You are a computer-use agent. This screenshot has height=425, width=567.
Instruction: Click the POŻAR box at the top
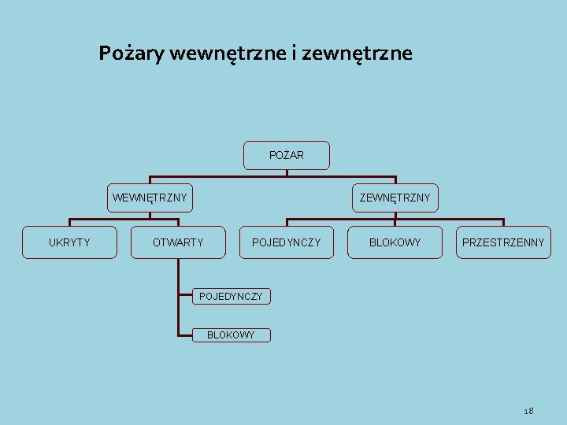(x=286, y=155)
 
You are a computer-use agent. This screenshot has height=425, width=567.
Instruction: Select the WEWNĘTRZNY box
(x=150, y=197)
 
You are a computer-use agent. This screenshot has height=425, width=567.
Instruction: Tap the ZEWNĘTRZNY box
(x=395, y=197)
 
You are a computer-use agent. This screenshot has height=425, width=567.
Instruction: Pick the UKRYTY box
(x=69, y=242)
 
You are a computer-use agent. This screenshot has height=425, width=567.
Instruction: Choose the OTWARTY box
(x=178, y=242)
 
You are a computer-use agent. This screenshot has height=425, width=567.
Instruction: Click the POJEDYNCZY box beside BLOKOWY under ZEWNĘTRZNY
(x=286, y=242)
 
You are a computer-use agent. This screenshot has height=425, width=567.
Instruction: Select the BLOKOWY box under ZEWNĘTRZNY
(x=395, y=242)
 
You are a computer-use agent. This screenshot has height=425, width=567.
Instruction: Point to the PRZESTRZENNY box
(x=503, y=242)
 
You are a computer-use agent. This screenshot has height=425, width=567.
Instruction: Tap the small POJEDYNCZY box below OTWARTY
(x=231, y=296)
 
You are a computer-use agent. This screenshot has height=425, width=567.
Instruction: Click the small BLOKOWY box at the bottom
(x=231, y=335)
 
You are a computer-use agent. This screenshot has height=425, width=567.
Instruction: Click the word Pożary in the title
(x=132, y=54)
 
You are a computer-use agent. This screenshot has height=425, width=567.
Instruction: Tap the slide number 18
(x=528, y=411)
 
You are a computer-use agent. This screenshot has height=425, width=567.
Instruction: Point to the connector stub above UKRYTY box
(x=69, y=223)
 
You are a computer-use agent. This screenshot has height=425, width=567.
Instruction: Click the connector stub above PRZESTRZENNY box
(x=503, y=223)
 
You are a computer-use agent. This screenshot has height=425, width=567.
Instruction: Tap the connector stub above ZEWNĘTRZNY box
(x=395, y=179)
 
